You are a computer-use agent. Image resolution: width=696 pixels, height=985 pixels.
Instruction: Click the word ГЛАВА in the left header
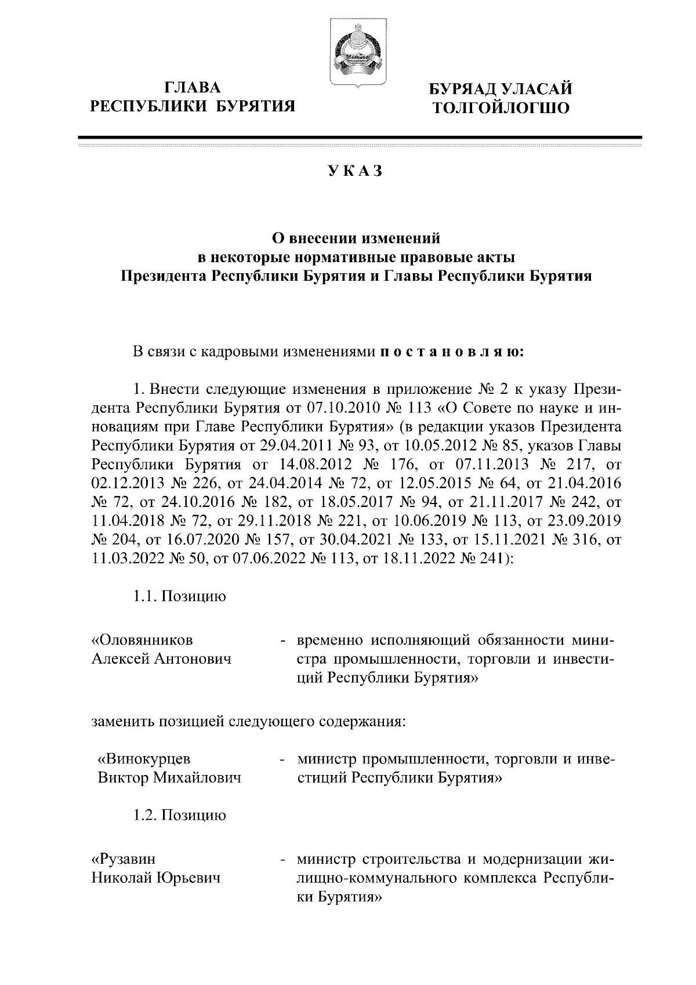pos(193,88)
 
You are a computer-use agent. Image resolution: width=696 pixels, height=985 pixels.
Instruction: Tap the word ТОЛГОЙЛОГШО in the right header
pos(498,108)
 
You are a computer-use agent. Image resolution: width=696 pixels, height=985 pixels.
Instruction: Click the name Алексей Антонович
pos(161,658)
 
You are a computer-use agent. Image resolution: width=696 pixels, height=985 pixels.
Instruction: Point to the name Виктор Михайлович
pos(169,777)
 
